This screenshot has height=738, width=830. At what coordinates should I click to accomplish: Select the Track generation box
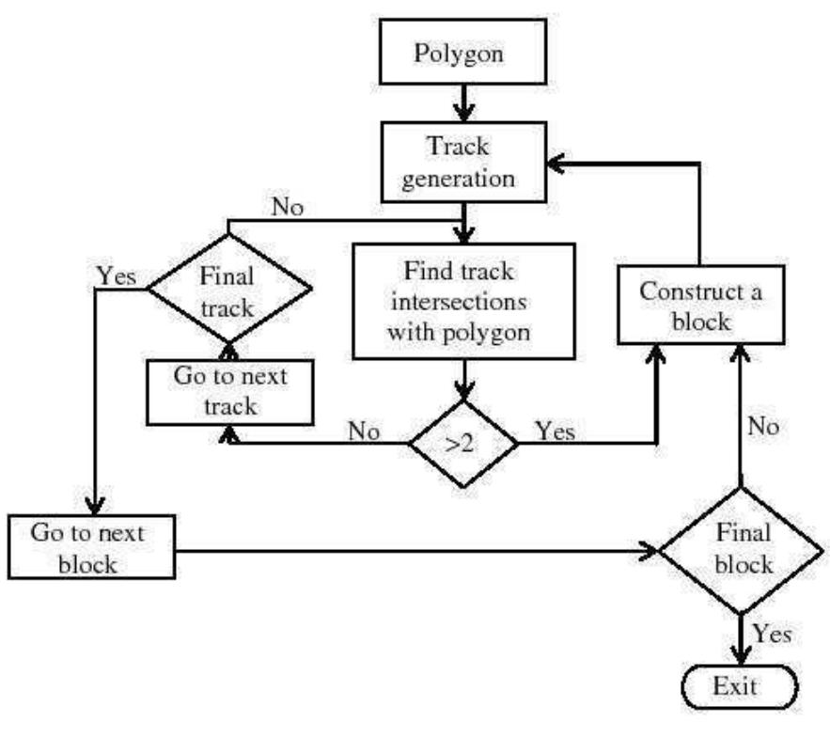(x=459, y=164)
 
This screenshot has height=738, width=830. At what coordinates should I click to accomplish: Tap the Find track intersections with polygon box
(x=462, y=301)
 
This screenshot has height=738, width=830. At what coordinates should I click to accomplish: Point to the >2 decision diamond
(x=461, y=443)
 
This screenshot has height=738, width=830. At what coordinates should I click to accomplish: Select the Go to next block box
(x=91, y=546)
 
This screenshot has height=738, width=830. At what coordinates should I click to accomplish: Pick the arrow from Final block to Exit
(x=743, y=639)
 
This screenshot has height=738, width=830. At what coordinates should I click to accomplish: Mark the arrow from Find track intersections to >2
(x=461, y=381)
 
